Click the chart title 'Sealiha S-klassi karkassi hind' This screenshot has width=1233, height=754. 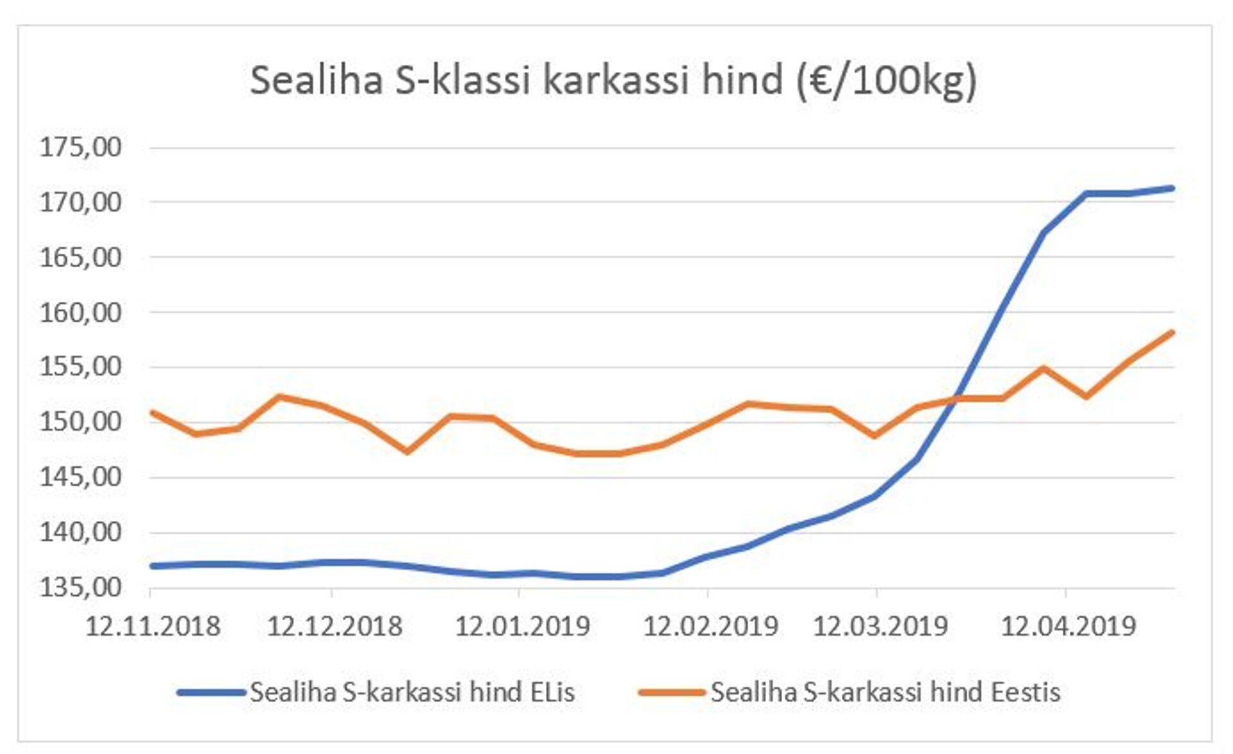pyautogui.click(x=613, y=81)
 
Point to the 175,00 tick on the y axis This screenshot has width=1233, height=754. pyautogui.click(x=81, y=147)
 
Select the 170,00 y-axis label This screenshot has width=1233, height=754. pyautogui.click(x=81, y=202)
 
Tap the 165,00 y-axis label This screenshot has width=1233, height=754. pyautogui.click(x=81, y=258)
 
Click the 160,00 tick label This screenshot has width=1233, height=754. pyautogui.click(x=81, y=313)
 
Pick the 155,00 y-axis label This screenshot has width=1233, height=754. pyautogui.click(x=81, y=367)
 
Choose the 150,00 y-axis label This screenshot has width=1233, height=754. pyautogui.click(x=81, y=422)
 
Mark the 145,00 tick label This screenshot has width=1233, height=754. pyautogui.click(x=81, y=477)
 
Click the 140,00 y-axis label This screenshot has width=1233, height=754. pyautogui.click(x=81, y=532)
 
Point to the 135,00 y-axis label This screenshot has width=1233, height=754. pyautogui.click(x=81, y=587)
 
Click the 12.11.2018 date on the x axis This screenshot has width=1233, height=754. pyautogui.click(x=153, y=626)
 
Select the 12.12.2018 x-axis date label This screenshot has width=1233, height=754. pyautogui.click(x=335, y=626)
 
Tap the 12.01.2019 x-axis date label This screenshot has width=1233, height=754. pyautogui.click(x=523, y=626)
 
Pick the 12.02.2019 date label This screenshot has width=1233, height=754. pyautogui.click(x=711, y=626)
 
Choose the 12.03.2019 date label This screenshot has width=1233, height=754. pyautogui.click(x=880, y=626)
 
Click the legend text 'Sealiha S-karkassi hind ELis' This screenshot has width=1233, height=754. pyautogui.click(x=412, y=692)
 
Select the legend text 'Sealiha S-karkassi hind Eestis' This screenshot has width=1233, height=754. pyautogui.click(x=886, y=692)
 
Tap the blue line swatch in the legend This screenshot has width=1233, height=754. pyautogui.click(x=211, y=692)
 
